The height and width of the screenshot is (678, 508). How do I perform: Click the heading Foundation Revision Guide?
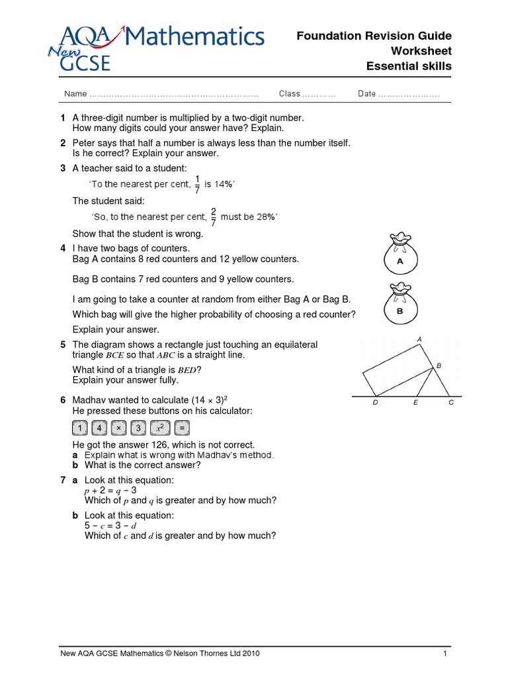pyautogui.click(x=374, y=36)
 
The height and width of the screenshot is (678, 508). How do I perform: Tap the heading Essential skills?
pyautogui.click(x=409, y=66)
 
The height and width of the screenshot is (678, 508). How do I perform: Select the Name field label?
pyautogui.click(x=75, y=94)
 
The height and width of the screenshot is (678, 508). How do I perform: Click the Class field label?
pyautogui.click(x=290, y=94)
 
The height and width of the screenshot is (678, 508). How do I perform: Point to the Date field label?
pyautogui.click(x=366, y=94)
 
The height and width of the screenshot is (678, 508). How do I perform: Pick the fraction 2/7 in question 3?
pyautogui.click(x=213, y=217)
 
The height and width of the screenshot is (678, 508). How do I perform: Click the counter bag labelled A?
pyautogui.click(x=399, y=254)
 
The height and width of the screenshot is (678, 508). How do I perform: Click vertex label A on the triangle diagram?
pyautogui.click(x=419, y=340)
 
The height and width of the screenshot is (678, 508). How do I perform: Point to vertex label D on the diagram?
pyautogui.click(x=376, y=403)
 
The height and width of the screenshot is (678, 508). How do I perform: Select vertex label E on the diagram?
pyautogui.click(x=415, y=403)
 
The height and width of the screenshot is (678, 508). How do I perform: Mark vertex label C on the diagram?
pyautogui.click(x=451, y=403)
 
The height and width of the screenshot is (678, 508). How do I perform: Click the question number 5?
pyautogui.click(x=63, y=345)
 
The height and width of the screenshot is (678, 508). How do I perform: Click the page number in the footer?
pyautogui.click(x=445, y=654)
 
